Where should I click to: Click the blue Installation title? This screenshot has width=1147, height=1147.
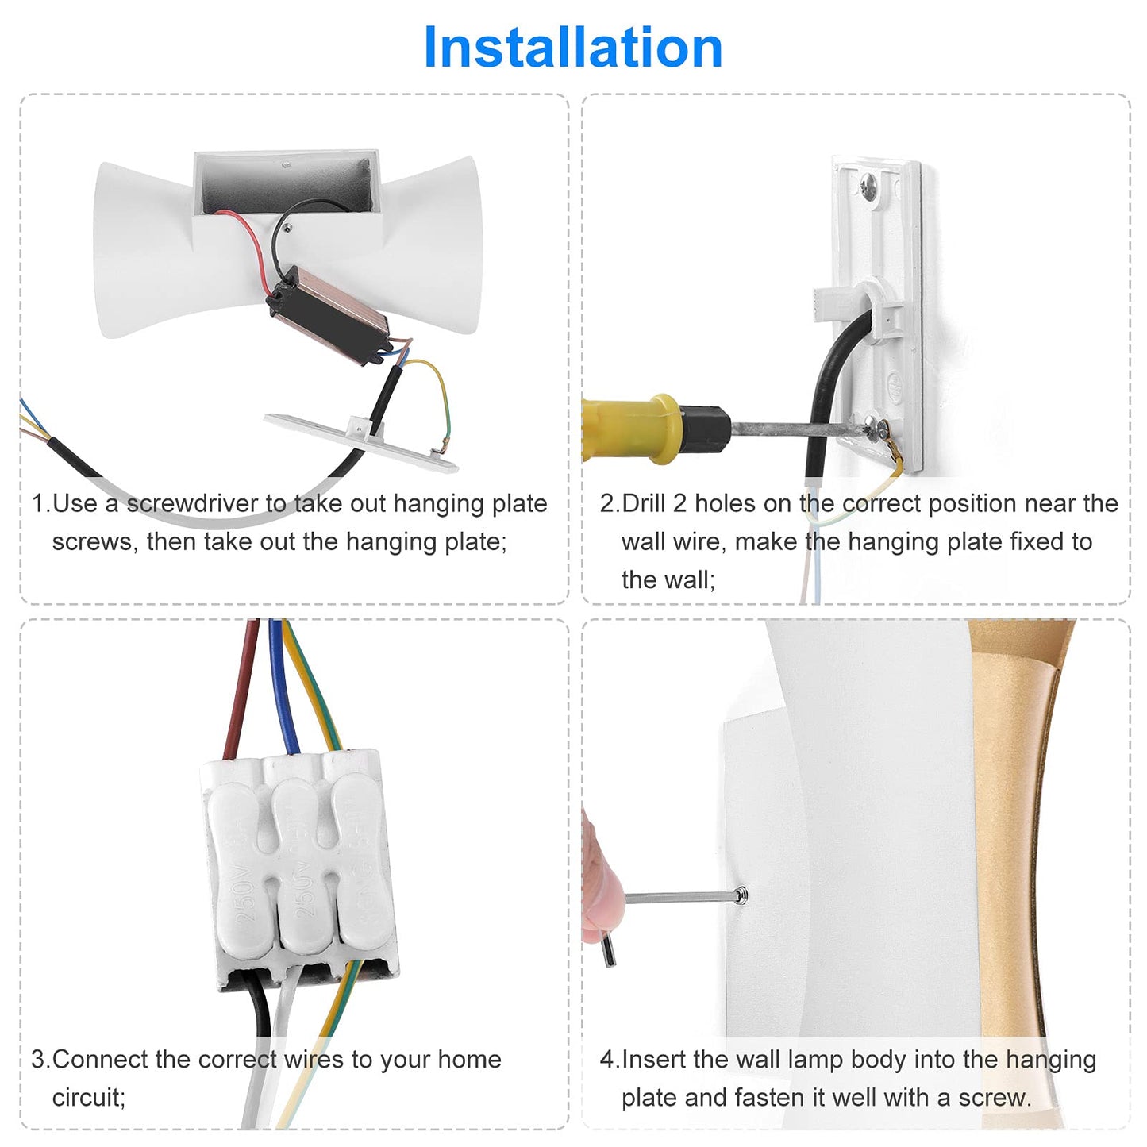point(572,48)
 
